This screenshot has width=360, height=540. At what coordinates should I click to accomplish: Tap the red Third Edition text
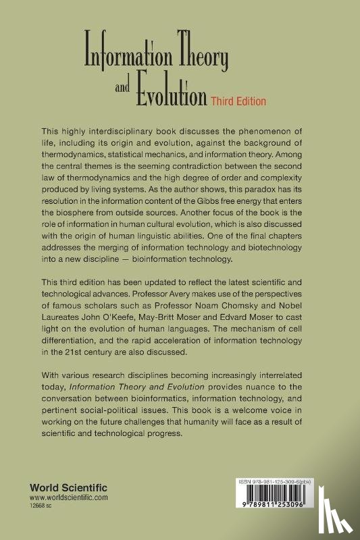[x=237, y=100]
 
